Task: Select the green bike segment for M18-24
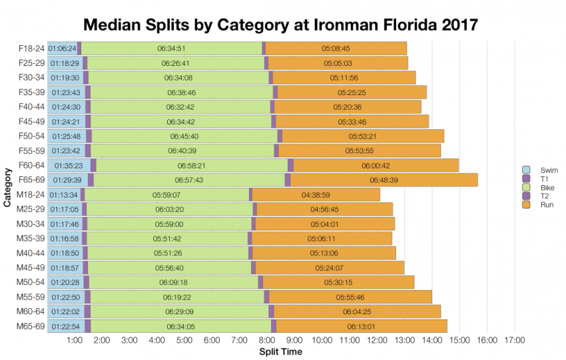166,194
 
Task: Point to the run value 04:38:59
316,194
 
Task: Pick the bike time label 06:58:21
191,165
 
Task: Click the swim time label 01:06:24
62,49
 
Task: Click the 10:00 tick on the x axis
322,340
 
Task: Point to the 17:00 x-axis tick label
515,340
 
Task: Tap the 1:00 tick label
75,340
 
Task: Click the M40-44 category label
31,253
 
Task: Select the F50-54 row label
31,136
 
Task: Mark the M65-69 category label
31,326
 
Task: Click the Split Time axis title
280,351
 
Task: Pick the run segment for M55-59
350,297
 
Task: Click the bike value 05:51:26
167,253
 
